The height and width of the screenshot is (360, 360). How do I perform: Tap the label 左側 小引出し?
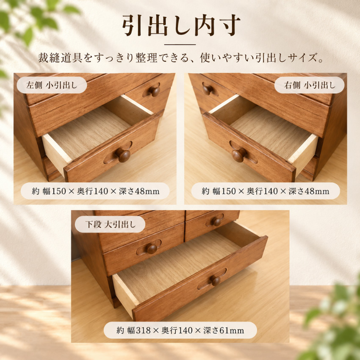click(x=52, y=85)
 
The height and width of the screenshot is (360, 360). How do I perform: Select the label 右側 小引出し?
click(x=310, y=85)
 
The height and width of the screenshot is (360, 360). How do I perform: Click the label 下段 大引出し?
click(x=111, y=224)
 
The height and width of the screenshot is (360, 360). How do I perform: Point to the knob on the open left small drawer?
click(x=123, y=155)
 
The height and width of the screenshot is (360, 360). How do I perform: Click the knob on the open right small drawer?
click(x=239, y=155)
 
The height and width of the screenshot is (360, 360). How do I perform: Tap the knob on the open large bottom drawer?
click(x=215, y=280)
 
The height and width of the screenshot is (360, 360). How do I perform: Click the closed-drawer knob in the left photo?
click(x=155, y=91)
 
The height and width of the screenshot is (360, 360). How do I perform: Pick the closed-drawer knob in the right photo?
click(x=208, y=89)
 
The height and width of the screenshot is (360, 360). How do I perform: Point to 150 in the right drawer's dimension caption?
click(x=228, y=191)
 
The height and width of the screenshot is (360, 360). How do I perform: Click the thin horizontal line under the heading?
click(x=180, y=44)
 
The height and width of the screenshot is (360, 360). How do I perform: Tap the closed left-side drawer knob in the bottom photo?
click(x=152, y=249)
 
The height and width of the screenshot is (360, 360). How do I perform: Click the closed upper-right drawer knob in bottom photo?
click(x=216, y=222)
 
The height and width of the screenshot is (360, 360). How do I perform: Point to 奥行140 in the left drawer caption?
click(x=92, y=191)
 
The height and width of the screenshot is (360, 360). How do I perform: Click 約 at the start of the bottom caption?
click(x=120, y=331)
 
